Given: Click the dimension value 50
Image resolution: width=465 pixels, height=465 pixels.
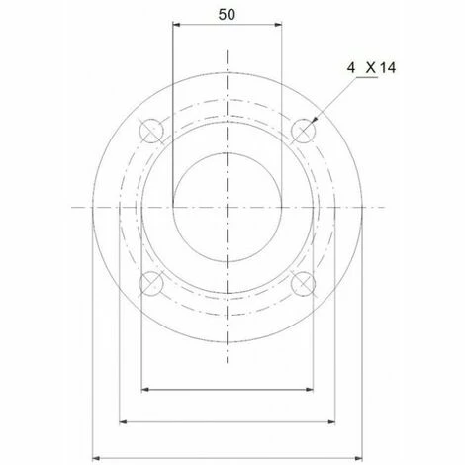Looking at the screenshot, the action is [x=227, y=15].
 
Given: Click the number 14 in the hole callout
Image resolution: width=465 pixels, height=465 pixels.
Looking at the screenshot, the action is [x=388, y=68].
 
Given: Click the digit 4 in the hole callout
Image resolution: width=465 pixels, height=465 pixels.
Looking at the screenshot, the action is [x=351, y=68].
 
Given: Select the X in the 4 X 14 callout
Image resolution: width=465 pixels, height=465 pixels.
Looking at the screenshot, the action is [x=371, y=68].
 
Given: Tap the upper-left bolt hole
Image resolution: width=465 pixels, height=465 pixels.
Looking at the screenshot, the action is [x=151, y=131].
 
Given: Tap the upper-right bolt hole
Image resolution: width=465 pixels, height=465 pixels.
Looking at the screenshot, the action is [x=303, y=131].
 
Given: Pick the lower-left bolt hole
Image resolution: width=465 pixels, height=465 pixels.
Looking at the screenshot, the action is [x=151, y=283].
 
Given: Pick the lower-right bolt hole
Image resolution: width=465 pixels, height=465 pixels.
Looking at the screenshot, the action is [x=303, y=283].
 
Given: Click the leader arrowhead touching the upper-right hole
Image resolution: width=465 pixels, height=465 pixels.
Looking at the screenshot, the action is [x=315, y=120].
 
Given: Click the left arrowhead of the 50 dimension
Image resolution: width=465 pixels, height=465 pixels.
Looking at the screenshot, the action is [x=177, y=24].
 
